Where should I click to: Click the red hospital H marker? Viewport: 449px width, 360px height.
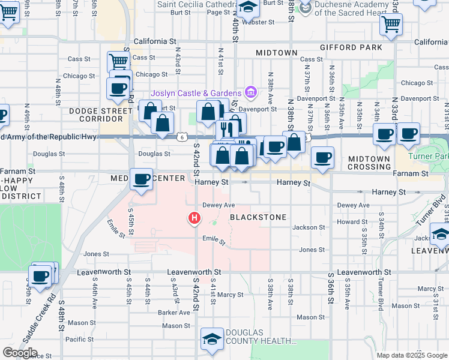(194, 218)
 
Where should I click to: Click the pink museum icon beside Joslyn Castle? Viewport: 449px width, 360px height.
(250, 92)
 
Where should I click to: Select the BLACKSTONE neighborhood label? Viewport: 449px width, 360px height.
(257, 217)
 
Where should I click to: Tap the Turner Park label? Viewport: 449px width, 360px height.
(428, 156)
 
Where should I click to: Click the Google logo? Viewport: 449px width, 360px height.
(20, 353)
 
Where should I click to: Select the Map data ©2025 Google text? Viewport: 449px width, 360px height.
(411, 355)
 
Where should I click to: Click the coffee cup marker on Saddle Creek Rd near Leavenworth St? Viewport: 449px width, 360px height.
(40, 277)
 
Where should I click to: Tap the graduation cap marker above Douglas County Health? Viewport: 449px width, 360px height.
(211, 340)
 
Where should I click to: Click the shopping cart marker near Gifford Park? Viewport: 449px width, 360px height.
(391, 25)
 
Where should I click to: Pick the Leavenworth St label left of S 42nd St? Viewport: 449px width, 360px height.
(104, 272)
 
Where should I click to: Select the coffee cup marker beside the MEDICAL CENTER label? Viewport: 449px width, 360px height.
(142, 179)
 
